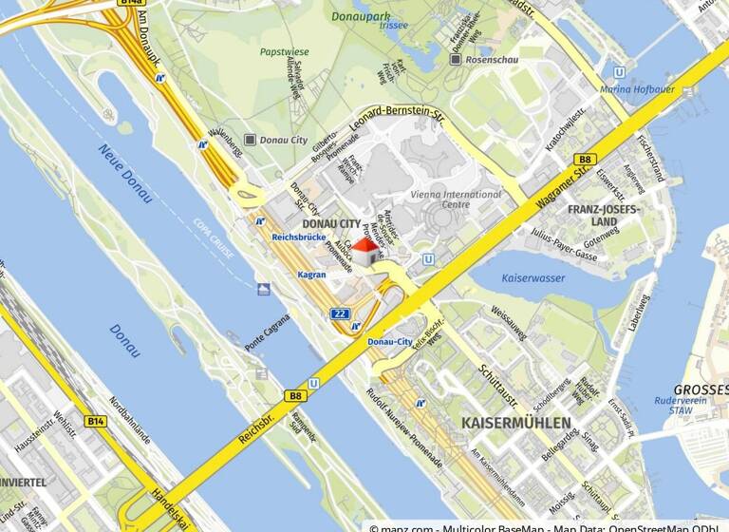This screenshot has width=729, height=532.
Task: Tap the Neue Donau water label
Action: tap(124, 173)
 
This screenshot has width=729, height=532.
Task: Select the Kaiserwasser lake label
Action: tap(533, 278)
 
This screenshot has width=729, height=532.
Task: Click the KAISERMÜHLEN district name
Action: tap(516, 422)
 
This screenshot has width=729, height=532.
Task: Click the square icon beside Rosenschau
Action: tap(457, 60)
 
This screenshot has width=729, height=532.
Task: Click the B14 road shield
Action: tap(95, 420)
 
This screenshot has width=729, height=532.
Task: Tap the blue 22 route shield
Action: tap(340, 313)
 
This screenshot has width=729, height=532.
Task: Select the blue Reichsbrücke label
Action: tap(299, 236)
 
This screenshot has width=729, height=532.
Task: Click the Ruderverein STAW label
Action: tap(700, 406)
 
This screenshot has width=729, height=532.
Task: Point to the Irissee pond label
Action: tap(366, 27)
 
